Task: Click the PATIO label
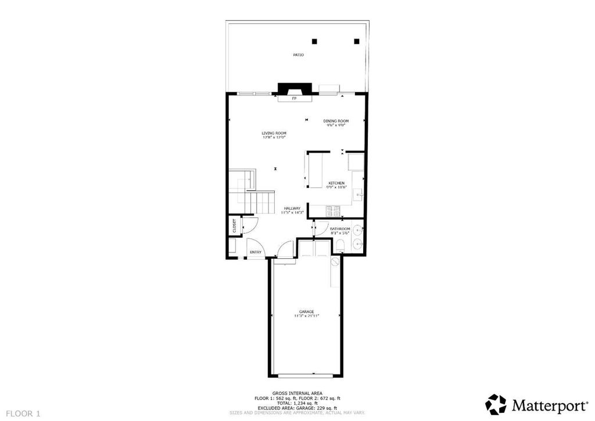pyautogui.click(x=298, y=55)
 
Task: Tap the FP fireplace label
pyautogui.click(x=294, y=99)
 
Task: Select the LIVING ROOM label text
pyautogui.click(x=274, y=133)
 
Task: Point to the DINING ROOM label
pyautogui.click(x=335, y=121)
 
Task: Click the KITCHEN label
pyautogui.click(x=336, y=183)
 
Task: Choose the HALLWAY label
pyautogui.click(x=292, y=208)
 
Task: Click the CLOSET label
pyautogui.click(x=234, y=226)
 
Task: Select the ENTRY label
pyautogui.click(x=256, y=252)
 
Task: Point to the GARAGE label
pyautogui.click(x=306, y=312)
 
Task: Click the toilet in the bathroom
pyautogui.click(x=341, y=245)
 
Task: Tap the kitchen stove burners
pyautogui.click(x=334, y=211)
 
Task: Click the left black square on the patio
pyautogui.click(x=315, y=41)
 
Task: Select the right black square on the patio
pyautogui.click(x=357, y=41)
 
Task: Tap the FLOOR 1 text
pyautogui.click(x=23, y=413)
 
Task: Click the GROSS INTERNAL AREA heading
pyautogui.click(x=297, y=393)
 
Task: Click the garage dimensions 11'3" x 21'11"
pyautogui.click(x=306, y=316)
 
